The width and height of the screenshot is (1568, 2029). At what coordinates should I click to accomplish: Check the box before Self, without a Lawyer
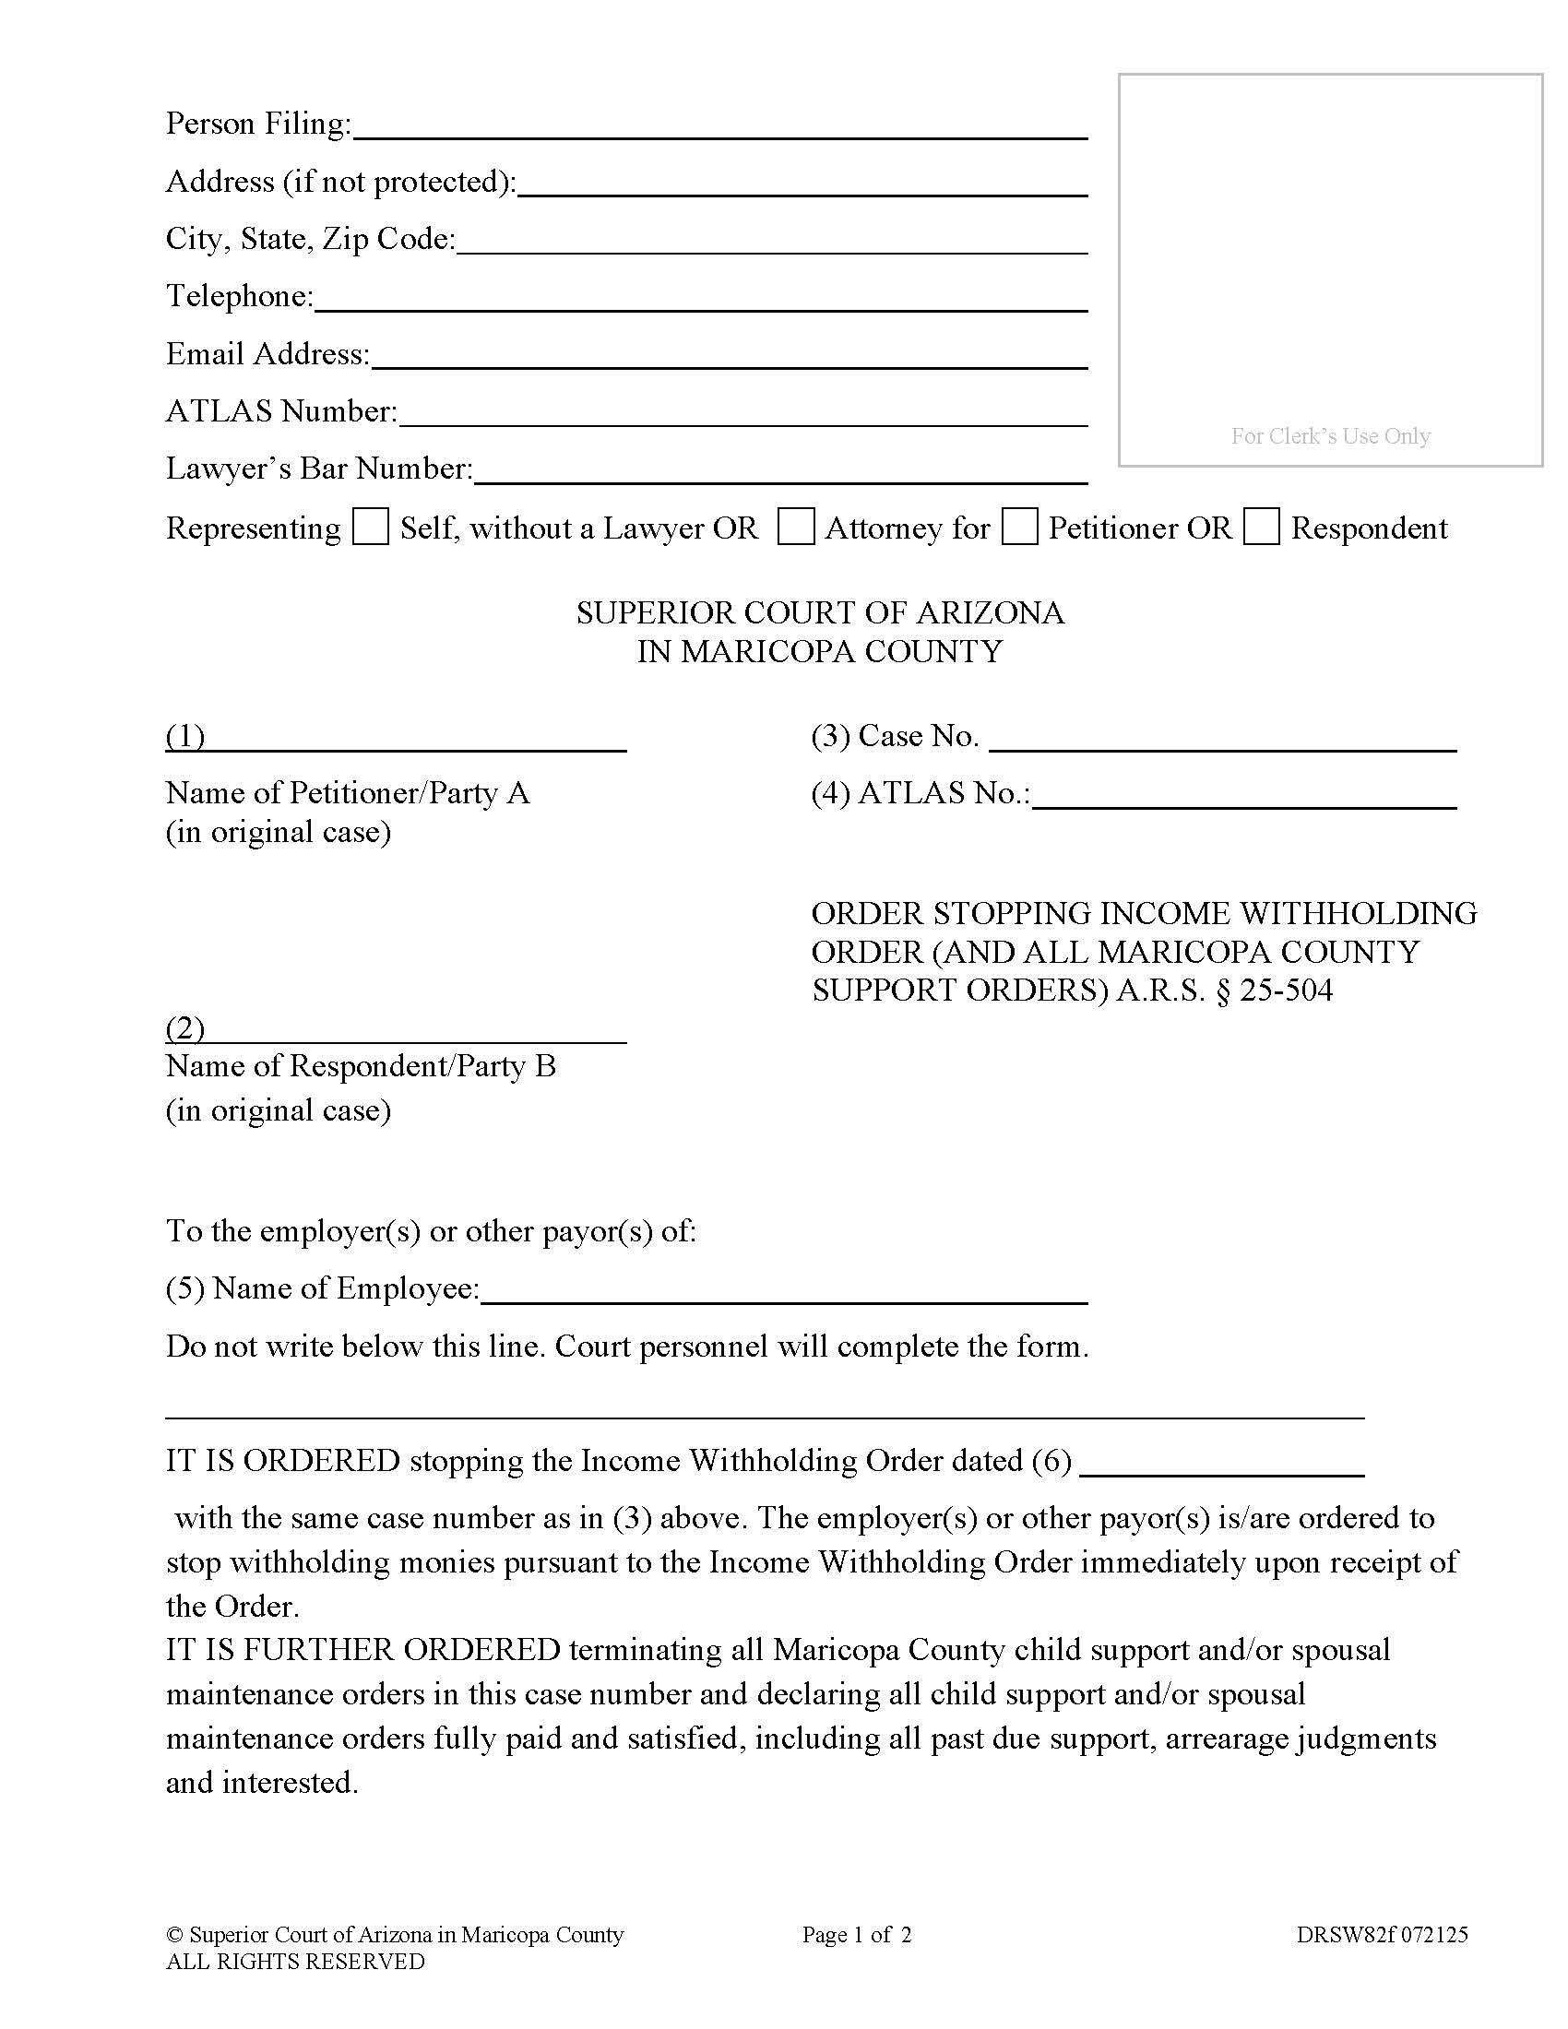point(371,527)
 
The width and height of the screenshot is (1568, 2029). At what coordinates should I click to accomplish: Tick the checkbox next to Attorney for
point(795,527)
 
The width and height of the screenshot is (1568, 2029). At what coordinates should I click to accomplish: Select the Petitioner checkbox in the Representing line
point(1020,527)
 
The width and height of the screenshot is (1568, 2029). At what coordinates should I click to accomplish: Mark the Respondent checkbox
point(1262,527)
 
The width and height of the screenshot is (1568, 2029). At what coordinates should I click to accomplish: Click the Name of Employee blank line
point(784,1291)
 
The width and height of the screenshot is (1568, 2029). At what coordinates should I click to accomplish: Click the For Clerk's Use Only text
point(1330,435)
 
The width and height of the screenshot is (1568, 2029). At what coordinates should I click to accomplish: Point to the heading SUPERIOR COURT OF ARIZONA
point(819,613)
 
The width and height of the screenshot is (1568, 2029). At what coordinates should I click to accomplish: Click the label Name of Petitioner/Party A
point(348,793)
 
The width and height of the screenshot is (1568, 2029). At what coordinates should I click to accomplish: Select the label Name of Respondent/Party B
point(361,1066)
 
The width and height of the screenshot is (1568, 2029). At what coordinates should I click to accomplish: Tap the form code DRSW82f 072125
point(1383,1935)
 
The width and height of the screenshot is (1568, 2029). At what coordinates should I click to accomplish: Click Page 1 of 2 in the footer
point(857,1935)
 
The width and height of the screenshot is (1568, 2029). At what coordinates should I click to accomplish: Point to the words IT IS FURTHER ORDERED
point(363,1650)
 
